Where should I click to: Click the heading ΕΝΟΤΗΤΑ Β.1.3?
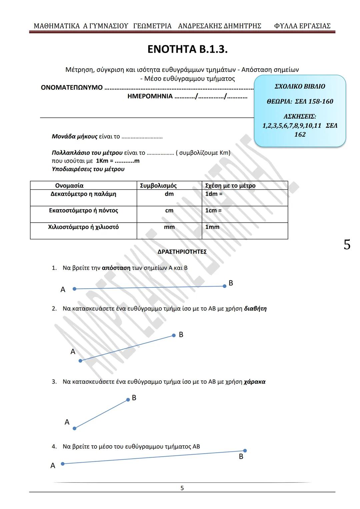point(187,49)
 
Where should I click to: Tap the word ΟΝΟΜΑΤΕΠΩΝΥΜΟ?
point(72,88)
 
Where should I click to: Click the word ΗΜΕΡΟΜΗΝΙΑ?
point(150,96)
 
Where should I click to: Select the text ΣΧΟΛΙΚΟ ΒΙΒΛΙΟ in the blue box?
point(300,86)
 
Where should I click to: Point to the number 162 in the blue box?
point(300,134)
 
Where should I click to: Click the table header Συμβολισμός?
point(158,186)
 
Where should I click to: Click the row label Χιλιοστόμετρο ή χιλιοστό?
point(83,227)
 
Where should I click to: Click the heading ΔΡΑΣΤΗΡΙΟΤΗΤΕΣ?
point(182,252)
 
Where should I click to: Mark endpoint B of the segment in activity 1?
point(224,286)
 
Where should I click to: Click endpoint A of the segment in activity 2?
point(80,361)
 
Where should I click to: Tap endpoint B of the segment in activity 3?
point(128,399)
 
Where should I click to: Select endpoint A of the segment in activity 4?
point(62,464)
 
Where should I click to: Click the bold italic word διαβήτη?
point(255,309)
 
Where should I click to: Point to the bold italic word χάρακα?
point(255,382)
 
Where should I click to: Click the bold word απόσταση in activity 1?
point(116,268)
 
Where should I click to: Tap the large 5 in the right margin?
point(347,245)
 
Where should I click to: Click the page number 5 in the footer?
point(182,488)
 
